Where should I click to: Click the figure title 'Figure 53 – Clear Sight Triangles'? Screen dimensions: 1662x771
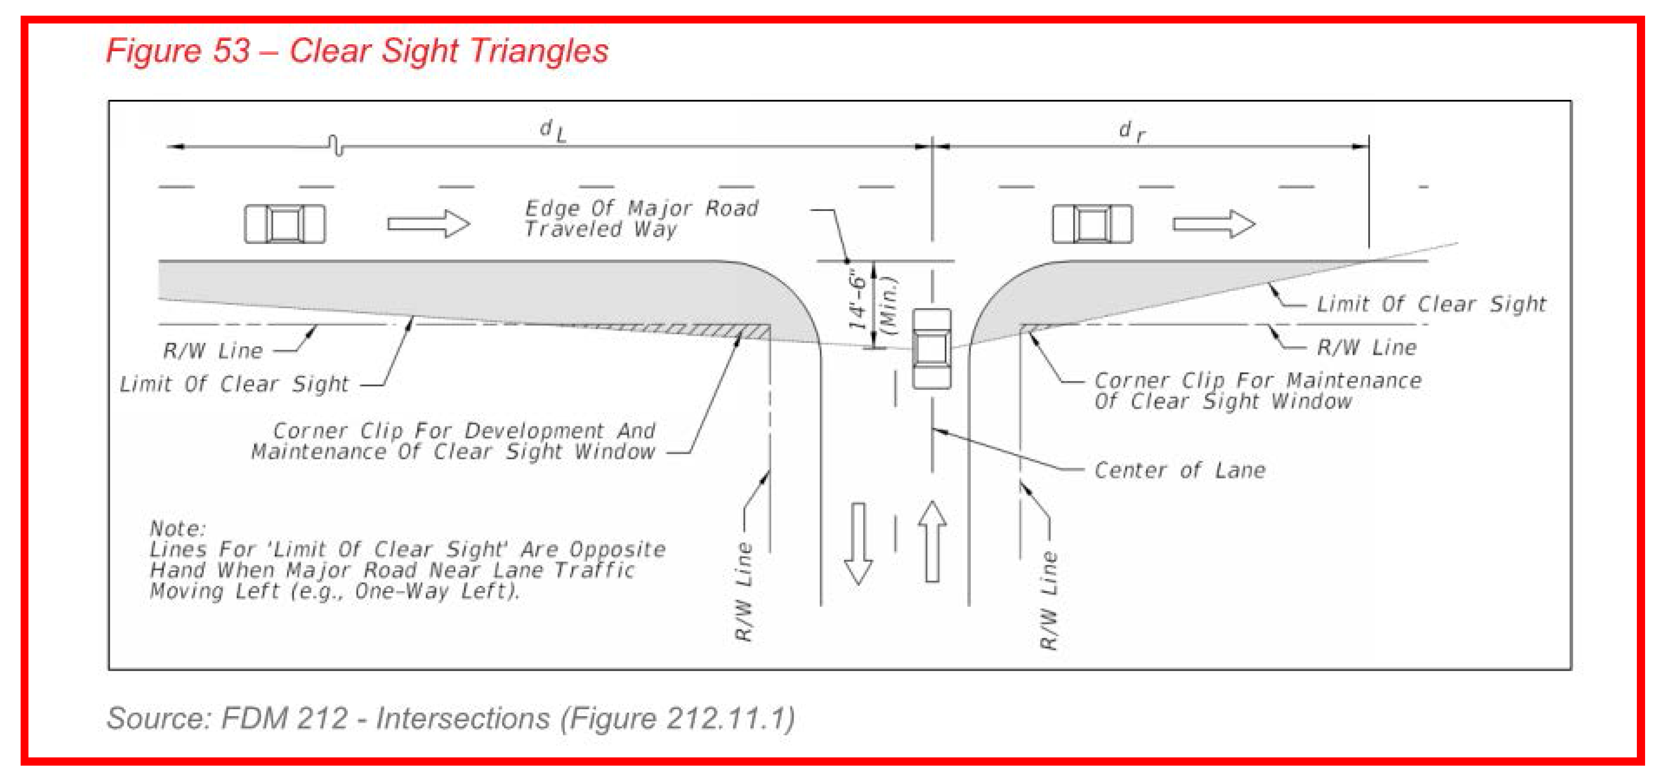click(x=357, y=50)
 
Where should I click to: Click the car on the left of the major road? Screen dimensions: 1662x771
click(x=285, y=224)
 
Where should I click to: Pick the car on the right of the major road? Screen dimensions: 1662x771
click(x=1092, y=224)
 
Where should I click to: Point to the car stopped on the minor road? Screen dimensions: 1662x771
click(x=931, y=349)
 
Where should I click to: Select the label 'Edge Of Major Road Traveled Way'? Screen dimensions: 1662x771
click(x=640, y=218)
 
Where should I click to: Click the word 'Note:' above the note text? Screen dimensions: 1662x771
click(x=177, y=529)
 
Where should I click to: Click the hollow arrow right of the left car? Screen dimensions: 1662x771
click(x=428, y=224)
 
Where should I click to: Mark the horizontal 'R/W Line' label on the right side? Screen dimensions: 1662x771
click(x=1366, y=347)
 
